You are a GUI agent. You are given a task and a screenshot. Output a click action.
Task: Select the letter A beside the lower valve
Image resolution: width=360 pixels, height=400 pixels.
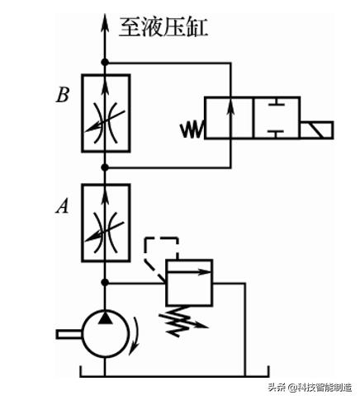[x=61, y=206]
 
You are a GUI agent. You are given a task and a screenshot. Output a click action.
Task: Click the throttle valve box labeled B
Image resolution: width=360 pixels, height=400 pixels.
[x=105, y=113]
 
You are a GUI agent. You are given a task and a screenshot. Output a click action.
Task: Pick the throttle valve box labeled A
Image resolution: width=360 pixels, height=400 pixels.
[x=105, y=225]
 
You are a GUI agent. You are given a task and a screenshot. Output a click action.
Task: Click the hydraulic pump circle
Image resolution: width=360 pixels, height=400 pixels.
[x=105, y=333]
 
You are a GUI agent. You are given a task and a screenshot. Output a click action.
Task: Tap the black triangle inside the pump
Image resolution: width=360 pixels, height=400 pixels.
[x=105, y=318]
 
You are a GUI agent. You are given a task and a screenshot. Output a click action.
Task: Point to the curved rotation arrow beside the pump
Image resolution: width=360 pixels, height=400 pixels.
[x=136, y=338]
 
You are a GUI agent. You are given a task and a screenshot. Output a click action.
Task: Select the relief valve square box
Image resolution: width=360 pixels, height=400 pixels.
[x=188, y=285]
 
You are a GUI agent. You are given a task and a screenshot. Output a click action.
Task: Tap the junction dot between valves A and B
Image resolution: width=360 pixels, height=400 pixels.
[x=105, y=167]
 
